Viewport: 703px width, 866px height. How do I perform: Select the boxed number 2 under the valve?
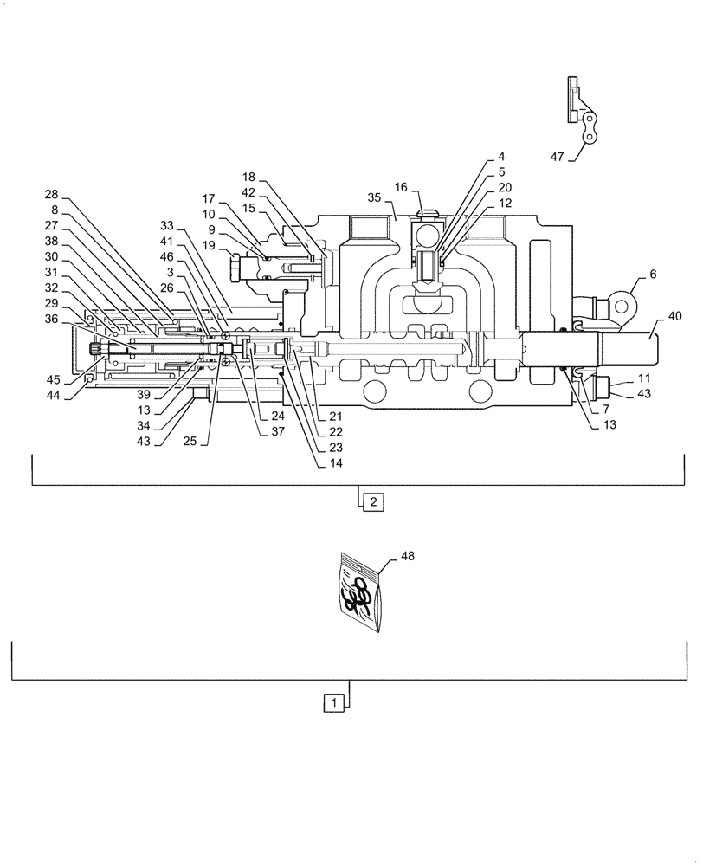pyautogui.click(x=370, y=501)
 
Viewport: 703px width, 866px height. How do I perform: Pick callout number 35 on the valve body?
pyautogui.click(x=373, y=197)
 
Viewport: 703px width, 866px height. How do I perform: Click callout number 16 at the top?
pyautogui.click(x=401, y=187)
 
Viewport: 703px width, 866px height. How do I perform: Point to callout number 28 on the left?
pyautogui.click(x=52, y=196)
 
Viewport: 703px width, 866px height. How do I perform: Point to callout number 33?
pyautogui.click(x=167, y=223)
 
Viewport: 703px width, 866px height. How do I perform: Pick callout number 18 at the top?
pyautogui.click(x=249, y=175)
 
